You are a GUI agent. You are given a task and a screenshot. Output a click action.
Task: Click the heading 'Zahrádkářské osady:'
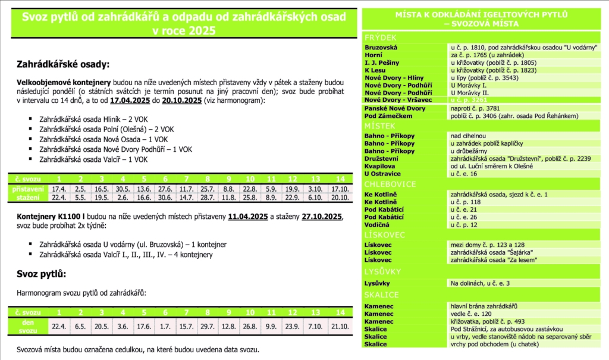[x=64, y=64]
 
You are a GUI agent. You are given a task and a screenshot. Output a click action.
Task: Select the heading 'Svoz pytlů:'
[x=41, y=274]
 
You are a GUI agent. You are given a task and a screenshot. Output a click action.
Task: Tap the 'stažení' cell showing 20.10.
[x=340, y=197]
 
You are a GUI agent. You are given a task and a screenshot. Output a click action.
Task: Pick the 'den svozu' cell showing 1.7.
[x=165, y=326]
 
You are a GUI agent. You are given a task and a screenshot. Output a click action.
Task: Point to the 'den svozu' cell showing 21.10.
[x=340, y=326]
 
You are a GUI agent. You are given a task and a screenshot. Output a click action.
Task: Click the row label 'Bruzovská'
[x=381, y=47]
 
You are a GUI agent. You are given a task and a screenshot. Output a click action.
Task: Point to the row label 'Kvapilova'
[x=380, y=166]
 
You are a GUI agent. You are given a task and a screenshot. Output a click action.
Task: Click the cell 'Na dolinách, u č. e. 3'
[x=481, y=283]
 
